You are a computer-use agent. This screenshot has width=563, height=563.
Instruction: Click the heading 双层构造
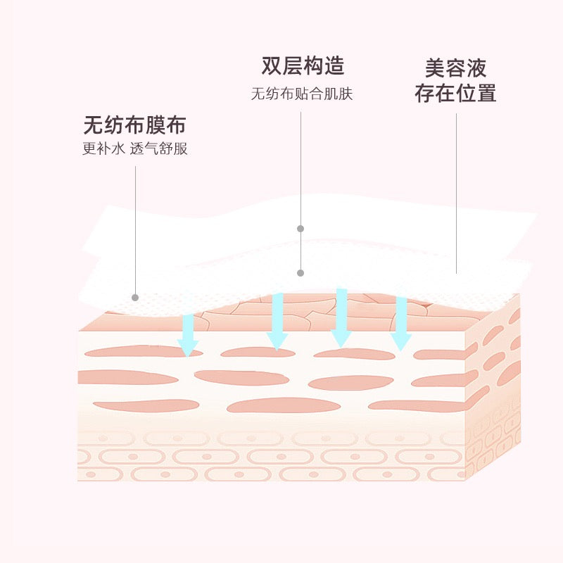(303, 66)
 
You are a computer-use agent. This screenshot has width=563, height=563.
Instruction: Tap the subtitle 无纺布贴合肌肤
(302, 94)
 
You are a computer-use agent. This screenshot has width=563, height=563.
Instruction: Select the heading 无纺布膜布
(134, 126)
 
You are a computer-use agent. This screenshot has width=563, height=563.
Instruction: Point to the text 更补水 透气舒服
(135, 149)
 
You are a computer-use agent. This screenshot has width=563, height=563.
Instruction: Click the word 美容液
(455, 68)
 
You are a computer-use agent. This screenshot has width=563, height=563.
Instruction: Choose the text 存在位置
(455, 93)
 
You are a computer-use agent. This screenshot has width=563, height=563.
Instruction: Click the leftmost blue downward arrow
(187, 335)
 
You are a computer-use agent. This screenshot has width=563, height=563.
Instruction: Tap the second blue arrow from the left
(277, 321)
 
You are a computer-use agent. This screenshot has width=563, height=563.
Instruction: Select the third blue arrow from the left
(341, 317)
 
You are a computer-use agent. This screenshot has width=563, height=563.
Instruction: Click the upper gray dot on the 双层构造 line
(301, 229)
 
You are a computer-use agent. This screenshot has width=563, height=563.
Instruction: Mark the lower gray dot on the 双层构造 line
(301, 272)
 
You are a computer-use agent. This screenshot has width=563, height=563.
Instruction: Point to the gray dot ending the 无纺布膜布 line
(135, 297)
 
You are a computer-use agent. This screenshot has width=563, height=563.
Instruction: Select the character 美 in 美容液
(435, 68)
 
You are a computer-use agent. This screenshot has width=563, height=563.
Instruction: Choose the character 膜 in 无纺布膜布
(156, 126)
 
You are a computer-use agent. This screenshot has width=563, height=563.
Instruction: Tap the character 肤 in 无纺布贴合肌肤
(346, 94)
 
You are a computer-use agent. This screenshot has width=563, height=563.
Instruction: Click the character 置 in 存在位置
(486, 93)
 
